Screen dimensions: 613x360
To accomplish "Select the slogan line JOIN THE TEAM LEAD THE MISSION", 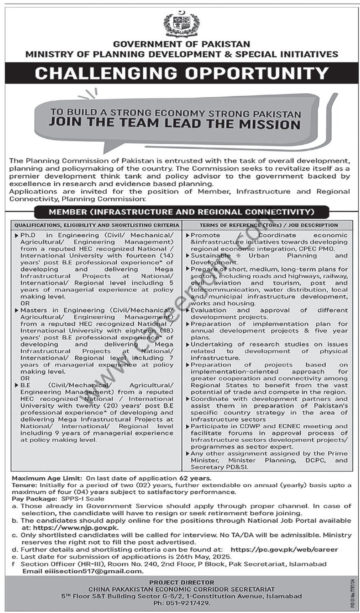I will [x=174, y=123].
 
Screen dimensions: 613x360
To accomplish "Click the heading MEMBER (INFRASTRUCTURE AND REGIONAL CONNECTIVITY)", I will [x=182, y=212].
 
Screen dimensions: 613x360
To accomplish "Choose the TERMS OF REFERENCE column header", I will [x=269, y=225].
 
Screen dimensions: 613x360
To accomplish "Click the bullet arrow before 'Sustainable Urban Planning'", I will [x=188, y=255].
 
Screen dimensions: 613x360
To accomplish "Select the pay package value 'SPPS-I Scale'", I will [x=83, y=498].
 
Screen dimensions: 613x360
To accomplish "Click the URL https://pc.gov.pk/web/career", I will [x=284, y=550].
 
